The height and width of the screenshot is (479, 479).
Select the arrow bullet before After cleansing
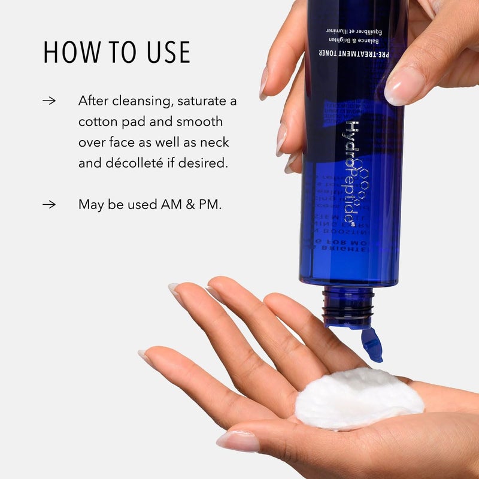[x=49, y=101]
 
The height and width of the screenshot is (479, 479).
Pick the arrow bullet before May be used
[x=49, y=204]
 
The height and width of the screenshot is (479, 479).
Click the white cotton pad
[x=359, y=398]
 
